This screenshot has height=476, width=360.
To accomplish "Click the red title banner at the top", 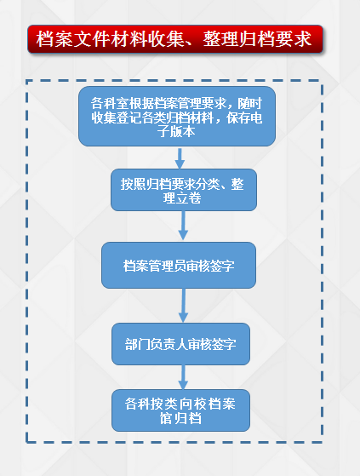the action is pos(175,39).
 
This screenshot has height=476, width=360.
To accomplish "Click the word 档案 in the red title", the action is pos(54,39).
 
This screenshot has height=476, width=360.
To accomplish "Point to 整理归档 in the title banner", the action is pos(239,39).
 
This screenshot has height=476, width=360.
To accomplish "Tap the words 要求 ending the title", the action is pos(294,39).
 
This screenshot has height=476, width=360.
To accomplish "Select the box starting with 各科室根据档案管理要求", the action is pos(177,117).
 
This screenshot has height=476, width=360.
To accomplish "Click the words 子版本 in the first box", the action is pos(176,131).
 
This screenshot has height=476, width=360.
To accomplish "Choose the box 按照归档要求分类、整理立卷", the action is pos(184,190).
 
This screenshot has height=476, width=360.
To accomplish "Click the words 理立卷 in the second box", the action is pos(182,198).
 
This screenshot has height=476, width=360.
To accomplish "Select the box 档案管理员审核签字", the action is pos(179,266).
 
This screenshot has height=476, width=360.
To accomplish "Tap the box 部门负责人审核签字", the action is pos(180,344).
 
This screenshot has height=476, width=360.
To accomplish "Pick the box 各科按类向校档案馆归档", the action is pos(180,410).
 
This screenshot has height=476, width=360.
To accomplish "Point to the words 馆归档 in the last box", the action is pos(180,418).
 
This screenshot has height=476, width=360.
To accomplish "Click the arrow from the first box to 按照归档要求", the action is pos(180,158).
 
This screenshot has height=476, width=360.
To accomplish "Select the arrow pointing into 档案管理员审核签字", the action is pos(183,226).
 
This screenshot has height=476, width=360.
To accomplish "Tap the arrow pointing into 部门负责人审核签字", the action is pos(183,306).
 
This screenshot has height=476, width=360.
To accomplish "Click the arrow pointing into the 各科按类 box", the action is pos(183,377).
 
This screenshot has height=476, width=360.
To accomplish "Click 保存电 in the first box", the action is pos(244,118).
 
